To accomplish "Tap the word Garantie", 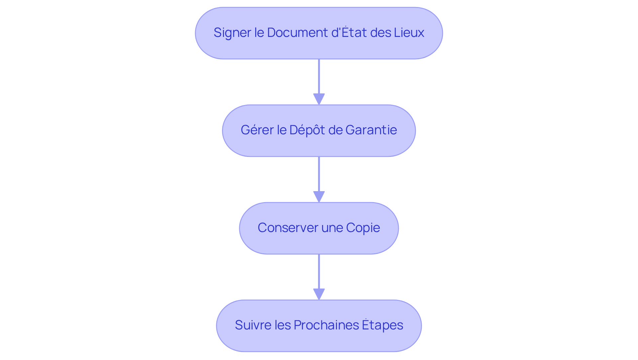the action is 371,130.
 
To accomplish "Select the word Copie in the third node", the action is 363,228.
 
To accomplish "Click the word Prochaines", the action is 326,325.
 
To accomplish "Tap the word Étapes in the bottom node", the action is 382,325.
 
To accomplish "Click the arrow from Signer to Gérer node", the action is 319,78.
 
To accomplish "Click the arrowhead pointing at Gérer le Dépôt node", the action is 319,99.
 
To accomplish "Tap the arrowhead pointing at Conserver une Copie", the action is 319,196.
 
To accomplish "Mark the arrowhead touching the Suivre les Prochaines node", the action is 319,294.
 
